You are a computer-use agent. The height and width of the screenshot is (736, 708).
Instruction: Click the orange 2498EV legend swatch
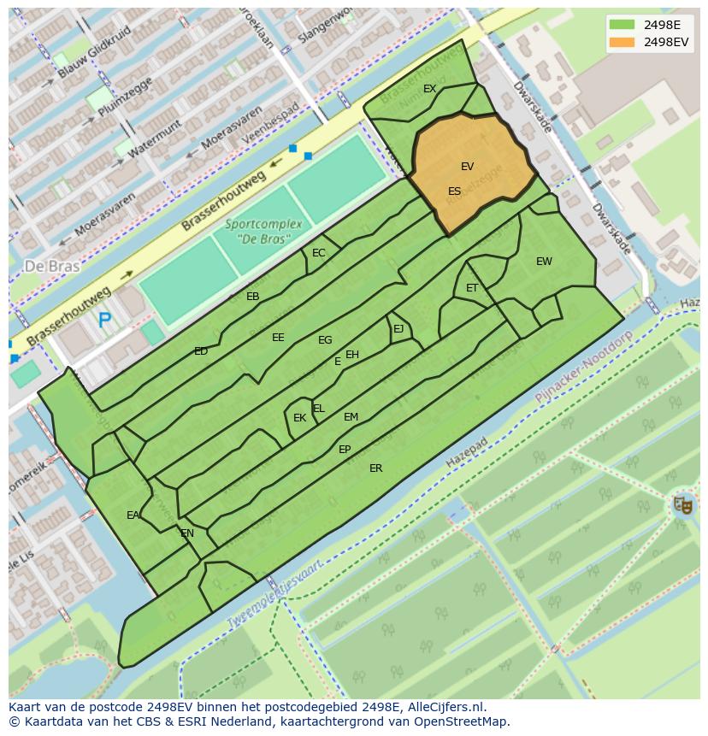click(622, 42)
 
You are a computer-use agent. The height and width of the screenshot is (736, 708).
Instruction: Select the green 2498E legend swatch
click(622, 24)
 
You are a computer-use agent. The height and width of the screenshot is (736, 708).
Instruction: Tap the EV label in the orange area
click(467, 167)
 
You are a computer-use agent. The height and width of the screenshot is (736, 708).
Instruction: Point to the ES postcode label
click(454, 191)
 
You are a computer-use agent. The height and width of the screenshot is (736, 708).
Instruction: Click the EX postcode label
click(429, 89)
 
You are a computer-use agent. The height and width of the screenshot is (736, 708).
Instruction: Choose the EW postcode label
click(544, 262)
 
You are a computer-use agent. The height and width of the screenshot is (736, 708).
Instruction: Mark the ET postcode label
click(472, 288)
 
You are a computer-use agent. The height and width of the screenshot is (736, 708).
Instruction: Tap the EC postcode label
click(319, 253)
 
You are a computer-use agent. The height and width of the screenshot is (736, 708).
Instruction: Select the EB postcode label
click(252, 297)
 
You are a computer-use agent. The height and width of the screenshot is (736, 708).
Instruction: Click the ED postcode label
click(201, 351)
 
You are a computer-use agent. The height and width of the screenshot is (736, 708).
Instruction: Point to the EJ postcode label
click(398, 329)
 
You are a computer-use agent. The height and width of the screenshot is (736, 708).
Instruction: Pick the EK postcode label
click(299, 418)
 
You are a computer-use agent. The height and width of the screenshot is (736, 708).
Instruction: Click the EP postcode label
click(345, 450)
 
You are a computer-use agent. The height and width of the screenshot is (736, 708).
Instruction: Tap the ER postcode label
click(375, 468)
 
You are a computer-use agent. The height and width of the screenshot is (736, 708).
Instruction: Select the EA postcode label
click(133, 515)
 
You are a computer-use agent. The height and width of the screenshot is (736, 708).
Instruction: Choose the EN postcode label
click(187, 533)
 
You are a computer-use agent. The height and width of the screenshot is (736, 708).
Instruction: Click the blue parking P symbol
click(104, 321)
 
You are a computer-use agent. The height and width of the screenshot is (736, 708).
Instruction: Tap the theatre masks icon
click(681, 504)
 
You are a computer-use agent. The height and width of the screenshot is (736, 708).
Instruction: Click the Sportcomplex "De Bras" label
click(264, 230)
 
